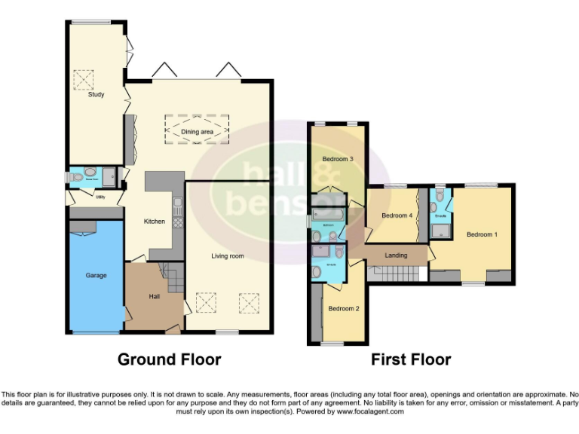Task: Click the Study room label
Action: (x=96, y=95)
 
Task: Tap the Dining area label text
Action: (x=197, y=132)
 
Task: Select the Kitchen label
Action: (x=155, y=222)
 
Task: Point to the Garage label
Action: (x=96, y=276)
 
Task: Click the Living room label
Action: (x=227, y=256)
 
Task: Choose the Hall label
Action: (x=154, y=296)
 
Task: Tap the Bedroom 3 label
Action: (x=338, y=160)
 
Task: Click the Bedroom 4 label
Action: (x=397, y=215)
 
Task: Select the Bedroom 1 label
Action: (x=482, y=234)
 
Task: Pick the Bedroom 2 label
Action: (x=343, y=309)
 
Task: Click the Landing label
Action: (x=396, y=255)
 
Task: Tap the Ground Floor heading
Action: (x=169, y=359)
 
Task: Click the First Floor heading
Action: (x=410, y=359)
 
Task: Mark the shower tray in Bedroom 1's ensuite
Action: (x=440, y=229)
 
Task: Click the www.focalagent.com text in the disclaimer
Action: (x=369, y=412)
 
